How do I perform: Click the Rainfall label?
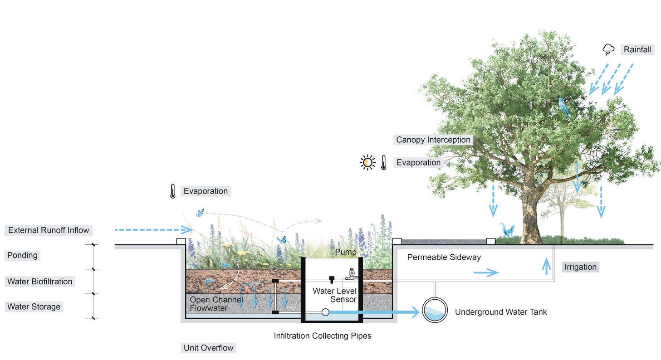point(637,49)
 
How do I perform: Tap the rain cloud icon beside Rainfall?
point(608,49)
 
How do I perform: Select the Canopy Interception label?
point(433,140)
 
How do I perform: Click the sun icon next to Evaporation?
point(367,162)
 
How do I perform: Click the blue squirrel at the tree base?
point(506,230)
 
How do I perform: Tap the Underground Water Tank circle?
point(435,311)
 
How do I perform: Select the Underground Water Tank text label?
point(500,312)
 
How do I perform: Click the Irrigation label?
point(580,267)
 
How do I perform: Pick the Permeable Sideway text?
point(444,257)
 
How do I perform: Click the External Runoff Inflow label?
point(49,230)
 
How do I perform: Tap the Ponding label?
point(22,255)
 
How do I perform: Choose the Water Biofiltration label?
point(39,282)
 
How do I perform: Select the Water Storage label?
point(34,306)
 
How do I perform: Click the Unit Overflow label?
point(208,348)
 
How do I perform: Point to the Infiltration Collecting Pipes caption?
point(322,336)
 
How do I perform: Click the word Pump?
point(346,252)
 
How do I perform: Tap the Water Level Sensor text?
point(334,295)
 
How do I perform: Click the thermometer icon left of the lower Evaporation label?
point(172,191)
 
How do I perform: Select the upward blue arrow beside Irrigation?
point(546,267)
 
